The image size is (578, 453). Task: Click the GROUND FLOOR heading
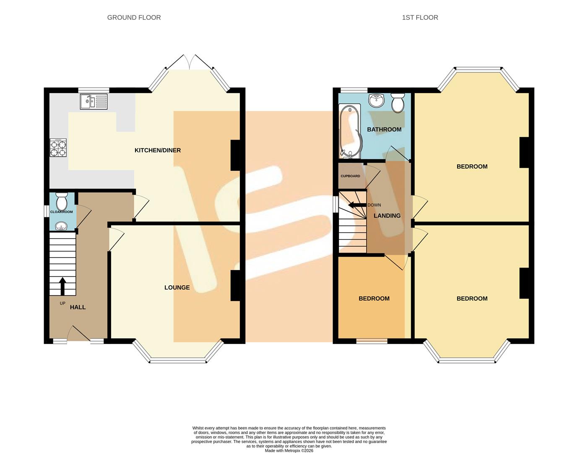[134, 18]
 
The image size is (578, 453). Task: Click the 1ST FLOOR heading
[420, 18]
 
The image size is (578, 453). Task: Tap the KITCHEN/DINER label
[157, 150]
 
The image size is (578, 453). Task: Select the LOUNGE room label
[177, 287]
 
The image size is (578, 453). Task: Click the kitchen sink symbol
[94, 102]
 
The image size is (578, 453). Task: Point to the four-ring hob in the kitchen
[58, 148]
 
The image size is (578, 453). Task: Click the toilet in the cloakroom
[62, 202]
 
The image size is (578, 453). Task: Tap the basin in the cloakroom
[62, 226]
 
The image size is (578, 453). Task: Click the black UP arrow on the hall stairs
[62, 286]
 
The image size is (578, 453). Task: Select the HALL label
[78, 307]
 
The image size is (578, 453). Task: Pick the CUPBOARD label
[350, 176]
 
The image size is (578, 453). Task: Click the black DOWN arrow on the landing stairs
[357, 205]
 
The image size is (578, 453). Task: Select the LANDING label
[387, 216]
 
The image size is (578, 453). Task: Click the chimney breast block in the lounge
[235, 285]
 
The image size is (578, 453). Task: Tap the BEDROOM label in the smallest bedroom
[374, 299]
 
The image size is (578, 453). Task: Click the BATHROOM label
[384, 129]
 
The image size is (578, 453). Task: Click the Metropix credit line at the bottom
[289, 450]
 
